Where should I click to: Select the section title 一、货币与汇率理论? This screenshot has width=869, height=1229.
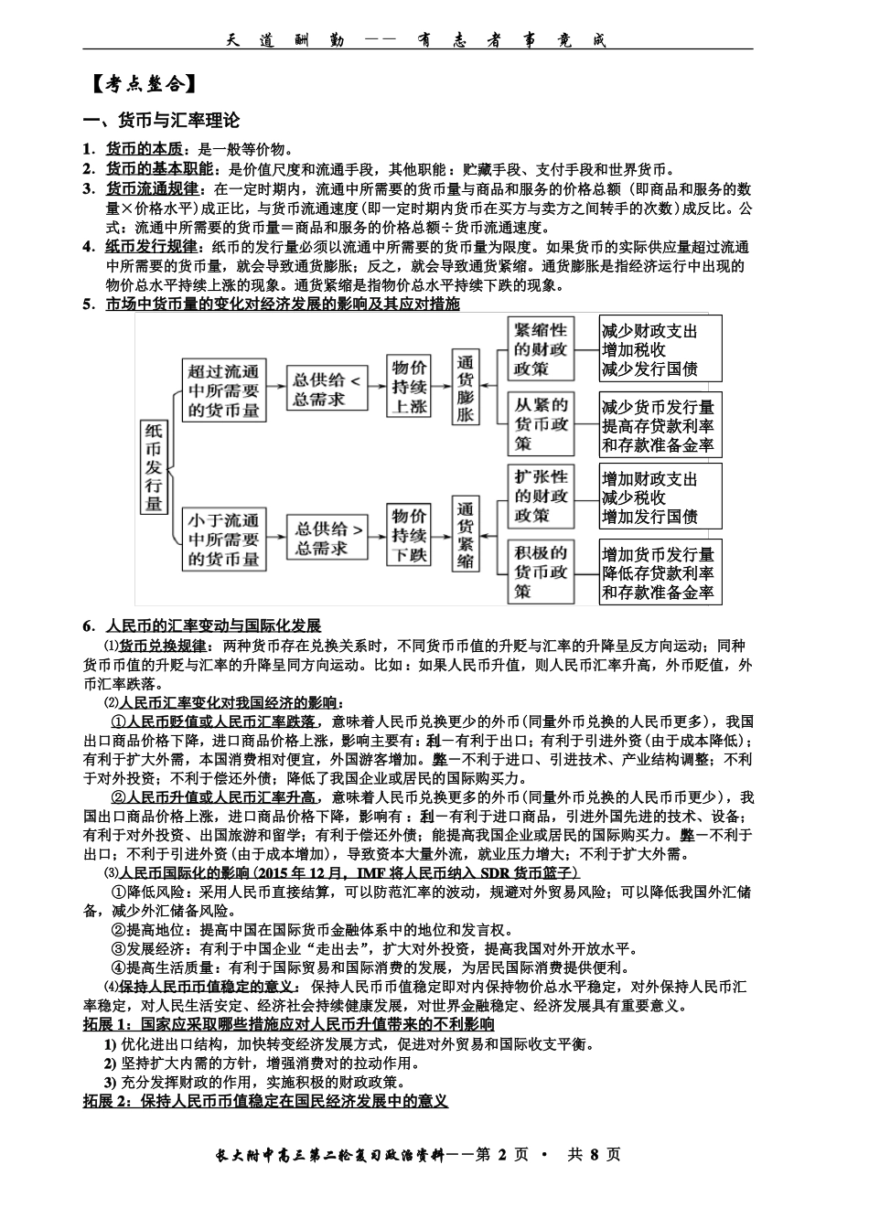coord(161,121)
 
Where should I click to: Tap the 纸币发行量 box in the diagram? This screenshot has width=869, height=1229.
coord(154,466)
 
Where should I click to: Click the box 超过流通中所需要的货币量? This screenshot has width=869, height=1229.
coord(224,390)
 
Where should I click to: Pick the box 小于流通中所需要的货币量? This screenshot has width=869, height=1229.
coord(224,539)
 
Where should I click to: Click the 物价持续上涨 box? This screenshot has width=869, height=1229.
coord(410,388)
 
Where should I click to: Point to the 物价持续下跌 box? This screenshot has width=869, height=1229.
coord(410,535)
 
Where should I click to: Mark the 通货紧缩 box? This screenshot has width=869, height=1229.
coord(466,535)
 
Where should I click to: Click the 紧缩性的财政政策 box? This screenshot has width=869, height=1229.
coord(541,348)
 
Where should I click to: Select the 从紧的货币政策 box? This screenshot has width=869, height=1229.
coord(541,423)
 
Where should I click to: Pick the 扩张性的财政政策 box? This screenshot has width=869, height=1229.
coord(541,497)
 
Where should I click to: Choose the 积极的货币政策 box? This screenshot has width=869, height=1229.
coord(541,572)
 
